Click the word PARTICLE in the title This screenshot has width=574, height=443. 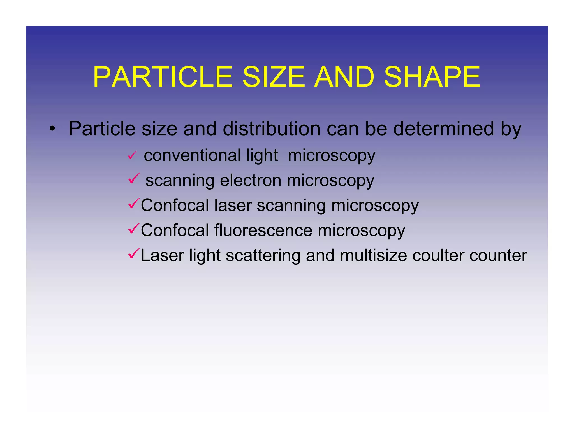pyautogui.click(x=163, y=77)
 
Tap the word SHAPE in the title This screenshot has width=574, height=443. pyautogui.click(x=432, y=77)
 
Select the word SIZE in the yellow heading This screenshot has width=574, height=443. pyautogui.click(x=273, y=77)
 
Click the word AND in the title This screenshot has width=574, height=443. pyautogui.click(x=344, y=77)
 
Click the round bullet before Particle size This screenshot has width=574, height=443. pyautogui.click(x=52, y=129)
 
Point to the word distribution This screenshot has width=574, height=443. pyautogui.click(x=271, y=129)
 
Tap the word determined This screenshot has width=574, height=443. pyautogui.click(x=444, y=129)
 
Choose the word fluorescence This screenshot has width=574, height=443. pyautogui.click(x=263, y=230)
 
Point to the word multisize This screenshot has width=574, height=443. pyautogui.click(x=373, y=255)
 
